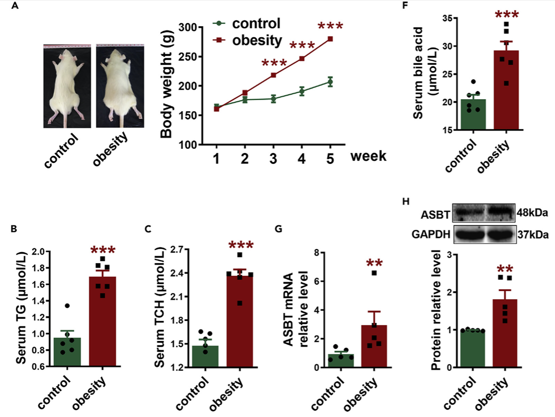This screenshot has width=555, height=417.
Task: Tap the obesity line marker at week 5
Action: [330, 39]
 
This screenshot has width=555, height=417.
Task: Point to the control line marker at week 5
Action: [330, 82]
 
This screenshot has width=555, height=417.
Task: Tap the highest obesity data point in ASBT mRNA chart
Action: [374, 273]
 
